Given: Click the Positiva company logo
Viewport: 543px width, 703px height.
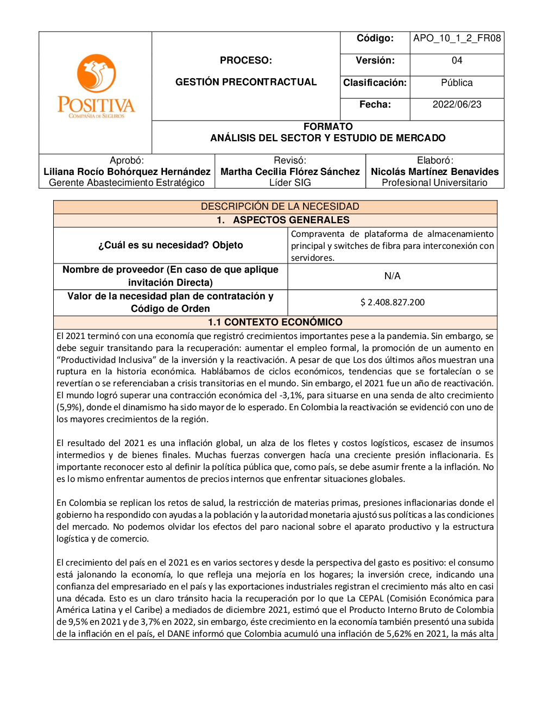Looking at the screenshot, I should tap(96, 87).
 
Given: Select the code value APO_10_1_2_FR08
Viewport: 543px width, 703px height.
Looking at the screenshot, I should tap(457, 39).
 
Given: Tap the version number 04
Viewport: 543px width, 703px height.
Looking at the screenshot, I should tap(457, 61).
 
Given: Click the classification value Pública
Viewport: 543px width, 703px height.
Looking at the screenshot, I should tap(457, 83).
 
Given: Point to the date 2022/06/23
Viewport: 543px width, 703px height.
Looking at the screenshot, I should tap(457, 105).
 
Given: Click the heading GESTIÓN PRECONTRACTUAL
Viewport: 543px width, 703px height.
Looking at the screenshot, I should tap(246, 83).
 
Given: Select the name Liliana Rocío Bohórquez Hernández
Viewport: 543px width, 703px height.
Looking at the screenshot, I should tap(127, 172).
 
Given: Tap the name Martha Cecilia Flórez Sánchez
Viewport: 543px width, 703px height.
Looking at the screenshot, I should tap(290, 172).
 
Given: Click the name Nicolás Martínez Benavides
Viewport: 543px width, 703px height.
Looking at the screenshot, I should tap(434, 172).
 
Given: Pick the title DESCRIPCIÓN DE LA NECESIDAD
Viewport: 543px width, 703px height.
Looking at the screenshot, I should tap(280, 206).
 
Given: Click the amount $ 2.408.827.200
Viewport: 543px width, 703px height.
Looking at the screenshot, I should tap(393, 303).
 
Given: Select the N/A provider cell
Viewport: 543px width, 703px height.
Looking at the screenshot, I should tap(392, 277).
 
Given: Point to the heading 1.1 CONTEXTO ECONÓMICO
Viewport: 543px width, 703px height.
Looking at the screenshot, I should tap(275, 323).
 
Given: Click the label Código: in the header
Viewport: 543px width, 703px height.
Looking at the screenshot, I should tap(375, 39).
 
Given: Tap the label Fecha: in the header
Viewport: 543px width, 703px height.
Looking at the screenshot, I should tap(375, 105).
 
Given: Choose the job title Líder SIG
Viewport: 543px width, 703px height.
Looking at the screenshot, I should tap(290, 183).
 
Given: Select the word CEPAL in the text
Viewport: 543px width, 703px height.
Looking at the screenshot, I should tap(371, 598).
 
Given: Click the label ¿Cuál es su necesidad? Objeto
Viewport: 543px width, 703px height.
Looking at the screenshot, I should tap(171, 246).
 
